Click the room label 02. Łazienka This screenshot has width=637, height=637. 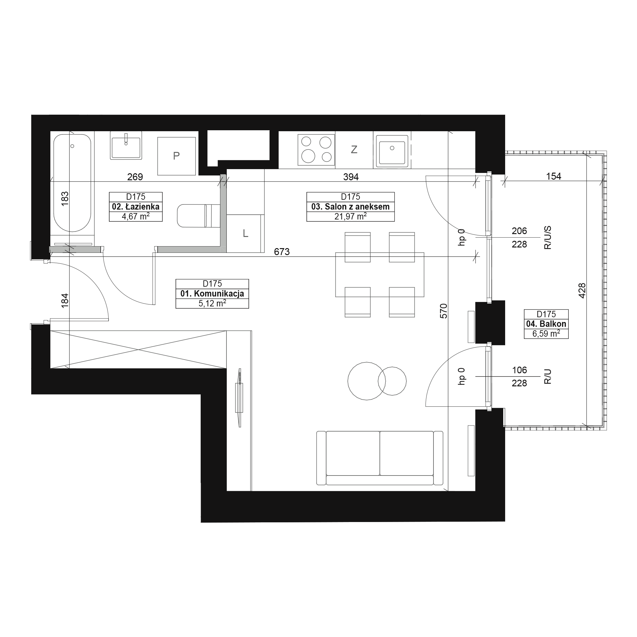136,207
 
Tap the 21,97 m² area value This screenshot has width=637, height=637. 350,217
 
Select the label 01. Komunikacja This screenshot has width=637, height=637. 212,293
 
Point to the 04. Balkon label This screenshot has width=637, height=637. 546,324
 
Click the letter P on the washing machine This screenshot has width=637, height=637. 176,156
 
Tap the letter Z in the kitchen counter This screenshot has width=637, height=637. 354,150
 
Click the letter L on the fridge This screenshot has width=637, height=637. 245,233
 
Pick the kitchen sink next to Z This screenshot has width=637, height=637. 392,150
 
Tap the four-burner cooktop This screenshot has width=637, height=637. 316,150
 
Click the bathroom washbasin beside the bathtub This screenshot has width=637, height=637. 126,146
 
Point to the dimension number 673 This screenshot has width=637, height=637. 282,252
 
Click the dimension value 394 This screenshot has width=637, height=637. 351,177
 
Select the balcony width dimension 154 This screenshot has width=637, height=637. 554,176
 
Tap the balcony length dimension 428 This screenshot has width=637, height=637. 582,291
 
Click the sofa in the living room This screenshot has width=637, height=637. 380,458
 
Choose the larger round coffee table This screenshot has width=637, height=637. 367,381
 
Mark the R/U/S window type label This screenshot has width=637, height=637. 548,238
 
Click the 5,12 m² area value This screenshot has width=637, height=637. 212,303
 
